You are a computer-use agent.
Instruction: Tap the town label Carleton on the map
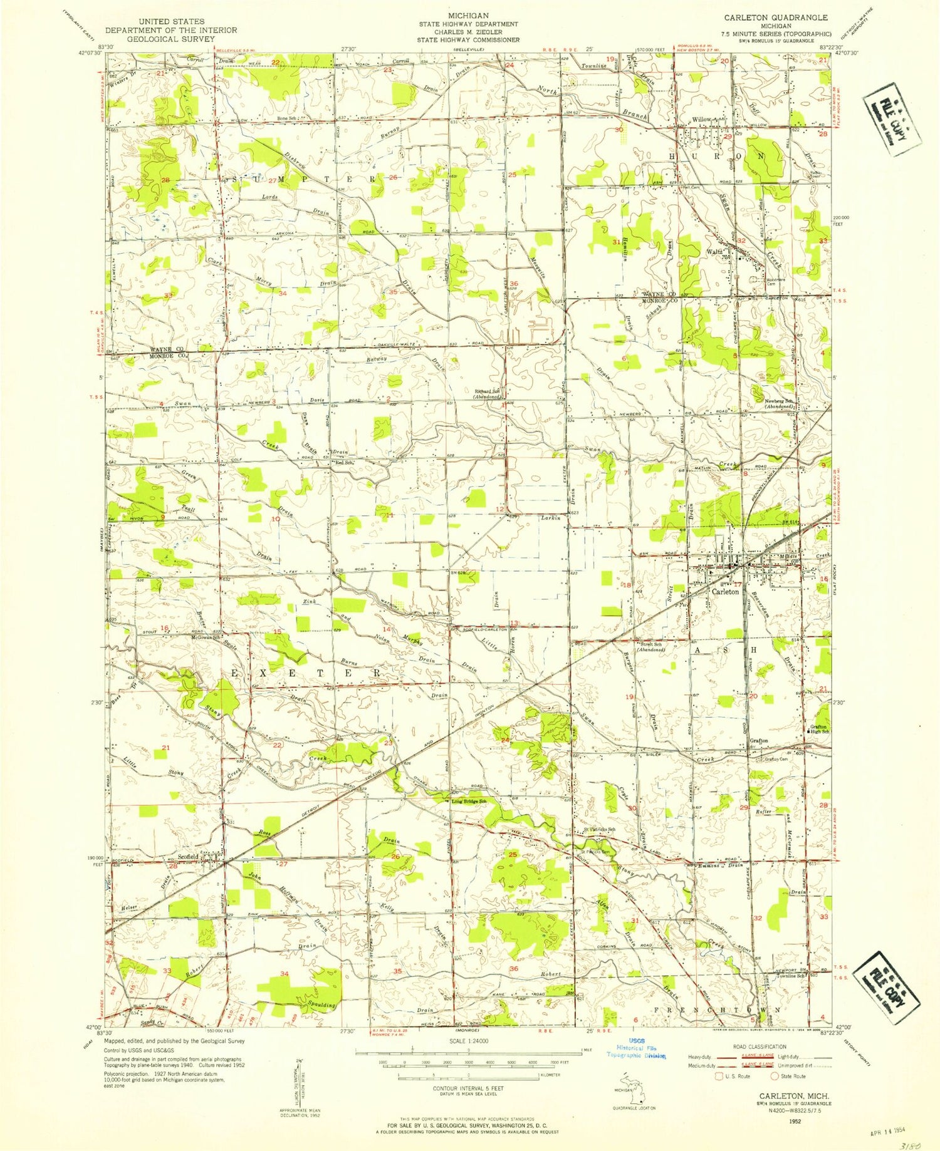(724, 591)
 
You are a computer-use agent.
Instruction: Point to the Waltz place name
(714, 251)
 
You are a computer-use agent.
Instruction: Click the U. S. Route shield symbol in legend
(719, 1076)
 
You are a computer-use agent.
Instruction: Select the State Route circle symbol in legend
(775, 1076)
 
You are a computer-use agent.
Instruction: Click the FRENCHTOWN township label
(718, 1010)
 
